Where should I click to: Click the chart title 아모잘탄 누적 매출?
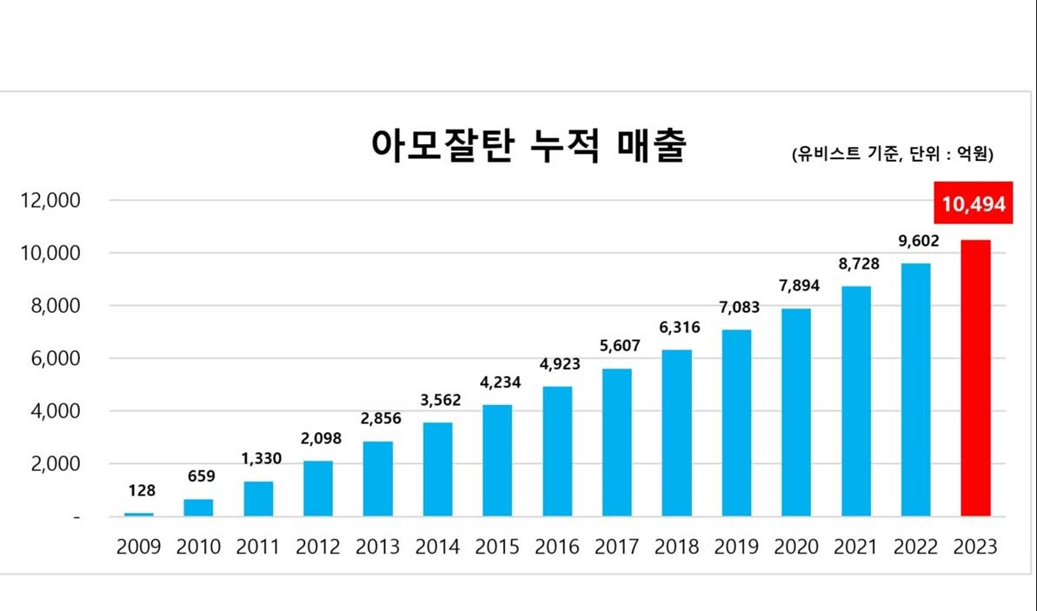[x=528, y=146]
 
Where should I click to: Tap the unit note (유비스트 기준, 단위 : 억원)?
[x=892, y=155]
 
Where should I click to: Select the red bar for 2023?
[x=975, y=378]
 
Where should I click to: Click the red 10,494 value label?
[x=974, y=205]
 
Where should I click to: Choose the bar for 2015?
[x=497, y=461]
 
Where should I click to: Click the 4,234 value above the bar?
[x=497, y=383]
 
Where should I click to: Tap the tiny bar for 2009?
[x=139, y=515]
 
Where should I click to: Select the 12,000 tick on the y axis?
[x=50, y=201]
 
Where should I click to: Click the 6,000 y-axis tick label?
[x=55, y=359]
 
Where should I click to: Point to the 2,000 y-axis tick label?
[x=55, y=464]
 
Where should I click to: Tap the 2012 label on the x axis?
[x=318, y=548]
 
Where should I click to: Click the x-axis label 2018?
[x=676, y=548]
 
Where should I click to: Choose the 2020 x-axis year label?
[x=795, y=548]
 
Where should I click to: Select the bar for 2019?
[x=736, y=423]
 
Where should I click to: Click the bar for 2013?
[x=378, y=479]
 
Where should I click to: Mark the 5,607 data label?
[x=616, y=346]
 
